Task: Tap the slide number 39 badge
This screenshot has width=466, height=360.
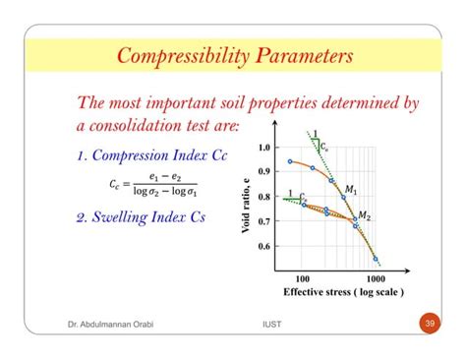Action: tap(429, 324)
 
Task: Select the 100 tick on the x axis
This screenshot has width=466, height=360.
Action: tap(302, 278)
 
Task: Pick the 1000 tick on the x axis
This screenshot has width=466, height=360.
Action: tap(375, 278)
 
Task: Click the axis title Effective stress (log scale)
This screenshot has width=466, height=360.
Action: tap(343, 293)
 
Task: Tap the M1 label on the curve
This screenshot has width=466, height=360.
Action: tap(350, 187)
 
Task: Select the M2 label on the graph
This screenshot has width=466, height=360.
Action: tap(365, 215)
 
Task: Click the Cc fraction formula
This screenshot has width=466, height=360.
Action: tap(152, 184)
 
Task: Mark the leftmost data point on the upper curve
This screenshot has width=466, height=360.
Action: tap(289, 161)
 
